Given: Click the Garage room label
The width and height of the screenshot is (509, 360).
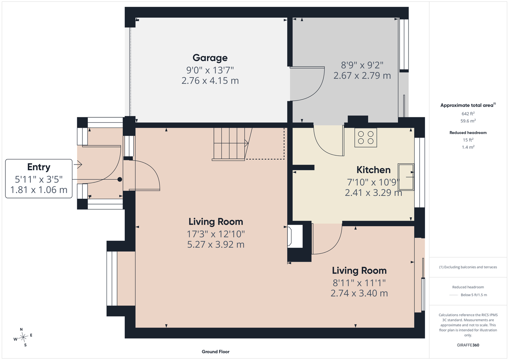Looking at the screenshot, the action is [210, 58].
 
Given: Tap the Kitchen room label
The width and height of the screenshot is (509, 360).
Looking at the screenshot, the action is [373, 170].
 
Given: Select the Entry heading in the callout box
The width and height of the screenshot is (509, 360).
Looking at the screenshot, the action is [39, 167].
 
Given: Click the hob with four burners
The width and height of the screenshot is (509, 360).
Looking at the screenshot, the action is [366, 138].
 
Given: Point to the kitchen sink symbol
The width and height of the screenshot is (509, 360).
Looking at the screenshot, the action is [406, 177].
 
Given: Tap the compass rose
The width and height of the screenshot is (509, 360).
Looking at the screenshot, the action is [23, 337].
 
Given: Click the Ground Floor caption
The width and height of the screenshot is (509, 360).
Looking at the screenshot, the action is [216, 352].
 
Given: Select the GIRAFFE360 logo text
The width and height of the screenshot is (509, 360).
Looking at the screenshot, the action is [468, 345].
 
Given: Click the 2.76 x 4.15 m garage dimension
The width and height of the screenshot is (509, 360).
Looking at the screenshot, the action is [210, 81].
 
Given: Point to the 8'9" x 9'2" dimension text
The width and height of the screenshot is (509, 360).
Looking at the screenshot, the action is [362, 65].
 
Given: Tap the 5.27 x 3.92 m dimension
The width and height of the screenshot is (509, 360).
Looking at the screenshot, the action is [216, 244].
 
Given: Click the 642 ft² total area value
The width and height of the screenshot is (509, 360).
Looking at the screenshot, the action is [468, 113].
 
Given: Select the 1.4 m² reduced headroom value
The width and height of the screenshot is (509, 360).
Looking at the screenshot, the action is [468, 147].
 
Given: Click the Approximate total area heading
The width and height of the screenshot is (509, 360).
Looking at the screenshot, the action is [468, 105].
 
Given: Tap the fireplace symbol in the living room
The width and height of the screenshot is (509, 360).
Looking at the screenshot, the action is [295, 236].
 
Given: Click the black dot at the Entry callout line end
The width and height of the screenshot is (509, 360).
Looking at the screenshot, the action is [120, 179].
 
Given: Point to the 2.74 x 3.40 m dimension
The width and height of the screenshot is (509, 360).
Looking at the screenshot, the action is [359, 293].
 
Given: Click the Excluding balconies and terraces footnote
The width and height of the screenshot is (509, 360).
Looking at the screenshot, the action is [468, 267].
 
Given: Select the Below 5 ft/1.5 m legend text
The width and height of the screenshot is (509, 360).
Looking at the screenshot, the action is [474, 295].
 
